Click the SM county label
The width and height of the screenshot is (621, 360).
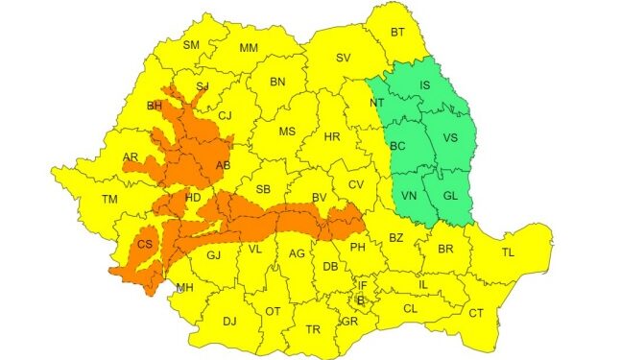191,45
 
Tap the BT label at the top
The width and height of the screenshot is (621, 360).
397,33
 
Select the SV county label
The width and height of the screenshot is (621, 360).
343,59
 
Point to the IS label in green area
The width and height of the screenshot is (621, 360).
426,85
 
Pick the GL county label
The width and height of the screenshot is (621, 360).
450,195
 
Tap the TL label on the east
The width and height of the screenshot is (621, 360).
507,252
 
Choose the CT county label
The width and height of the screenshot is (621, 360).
476,314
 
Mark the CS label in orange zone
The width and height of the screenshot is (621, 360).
145,244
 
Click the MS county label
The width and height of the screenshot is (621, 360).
286,132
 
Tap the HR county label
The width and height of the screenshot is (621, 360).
332,137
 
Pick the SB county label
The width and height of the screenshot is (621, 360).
264,189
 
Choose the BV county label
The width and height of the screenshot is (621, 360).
320,198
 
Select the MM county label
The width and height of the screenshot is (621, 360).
249,48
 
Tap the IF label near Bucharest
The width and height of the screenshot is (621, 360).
362,285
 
